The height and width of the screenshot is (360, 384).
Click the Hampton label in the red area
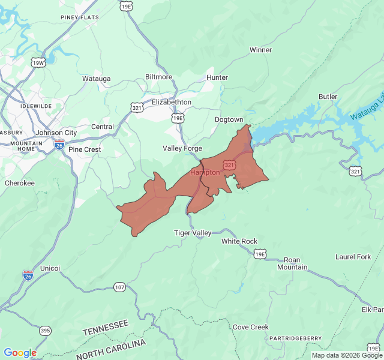point(205,172)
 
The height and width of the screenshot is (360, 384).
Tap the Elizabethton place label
point(171,102)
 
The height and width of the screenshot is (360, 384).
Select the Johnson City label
point(56,133)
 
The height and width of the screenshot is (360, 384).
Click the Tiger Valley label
point(193,233)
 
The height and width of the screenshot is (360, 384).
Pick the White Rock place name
point(239,241)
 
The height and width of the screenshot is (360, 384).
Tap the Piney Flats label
point(79,17)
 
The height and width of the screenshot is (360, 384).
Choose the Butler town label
point(328,97)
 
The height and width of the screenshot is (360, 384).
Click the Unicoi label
point(50,268)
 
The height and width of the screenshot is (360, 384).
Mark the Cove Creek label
point(251,327)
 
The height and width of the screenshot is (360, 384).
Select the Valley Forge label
point(182,148)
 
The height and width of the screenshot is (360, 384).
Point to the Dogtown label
point(229,120)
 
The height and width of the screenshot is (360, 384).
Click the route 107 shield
point(119,287)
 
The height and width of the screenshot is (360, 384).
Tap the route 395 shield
point(46,331)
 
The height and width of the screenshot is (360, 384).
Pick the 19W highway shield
point(38,63)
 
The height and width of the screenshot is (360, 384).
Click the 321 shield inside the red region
point(229,164)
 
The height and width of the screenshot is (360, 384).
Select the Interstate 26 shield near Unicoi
point(28,275)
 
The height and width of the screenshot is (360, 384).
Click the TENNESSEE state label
point(106,328)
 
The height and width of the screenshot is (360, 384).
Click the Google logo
point(20,353)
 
